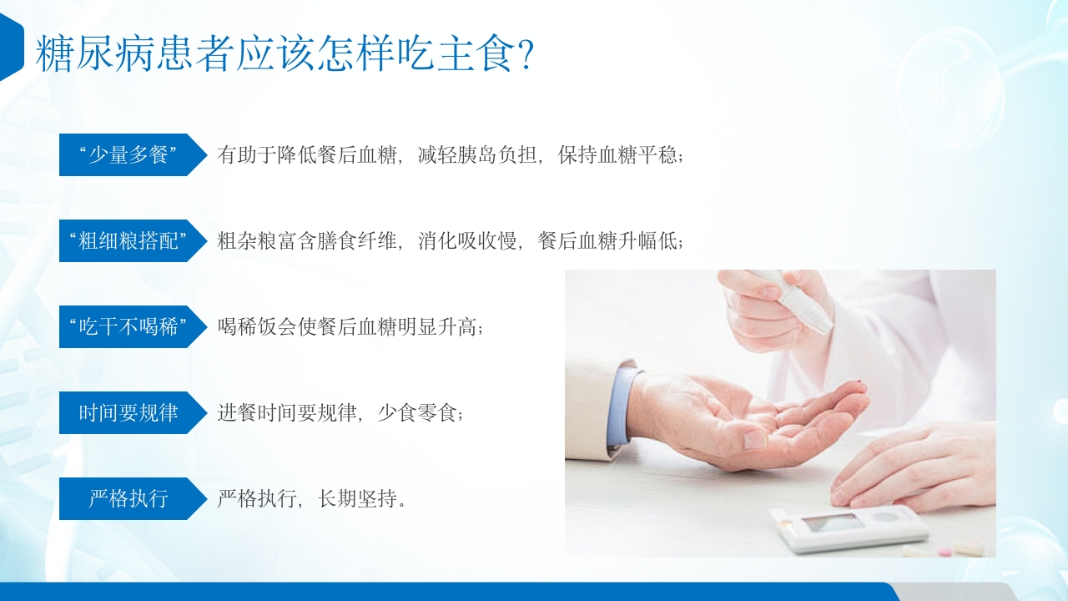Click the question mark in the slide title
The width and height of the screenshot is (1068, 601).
(x=526, y=54)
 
